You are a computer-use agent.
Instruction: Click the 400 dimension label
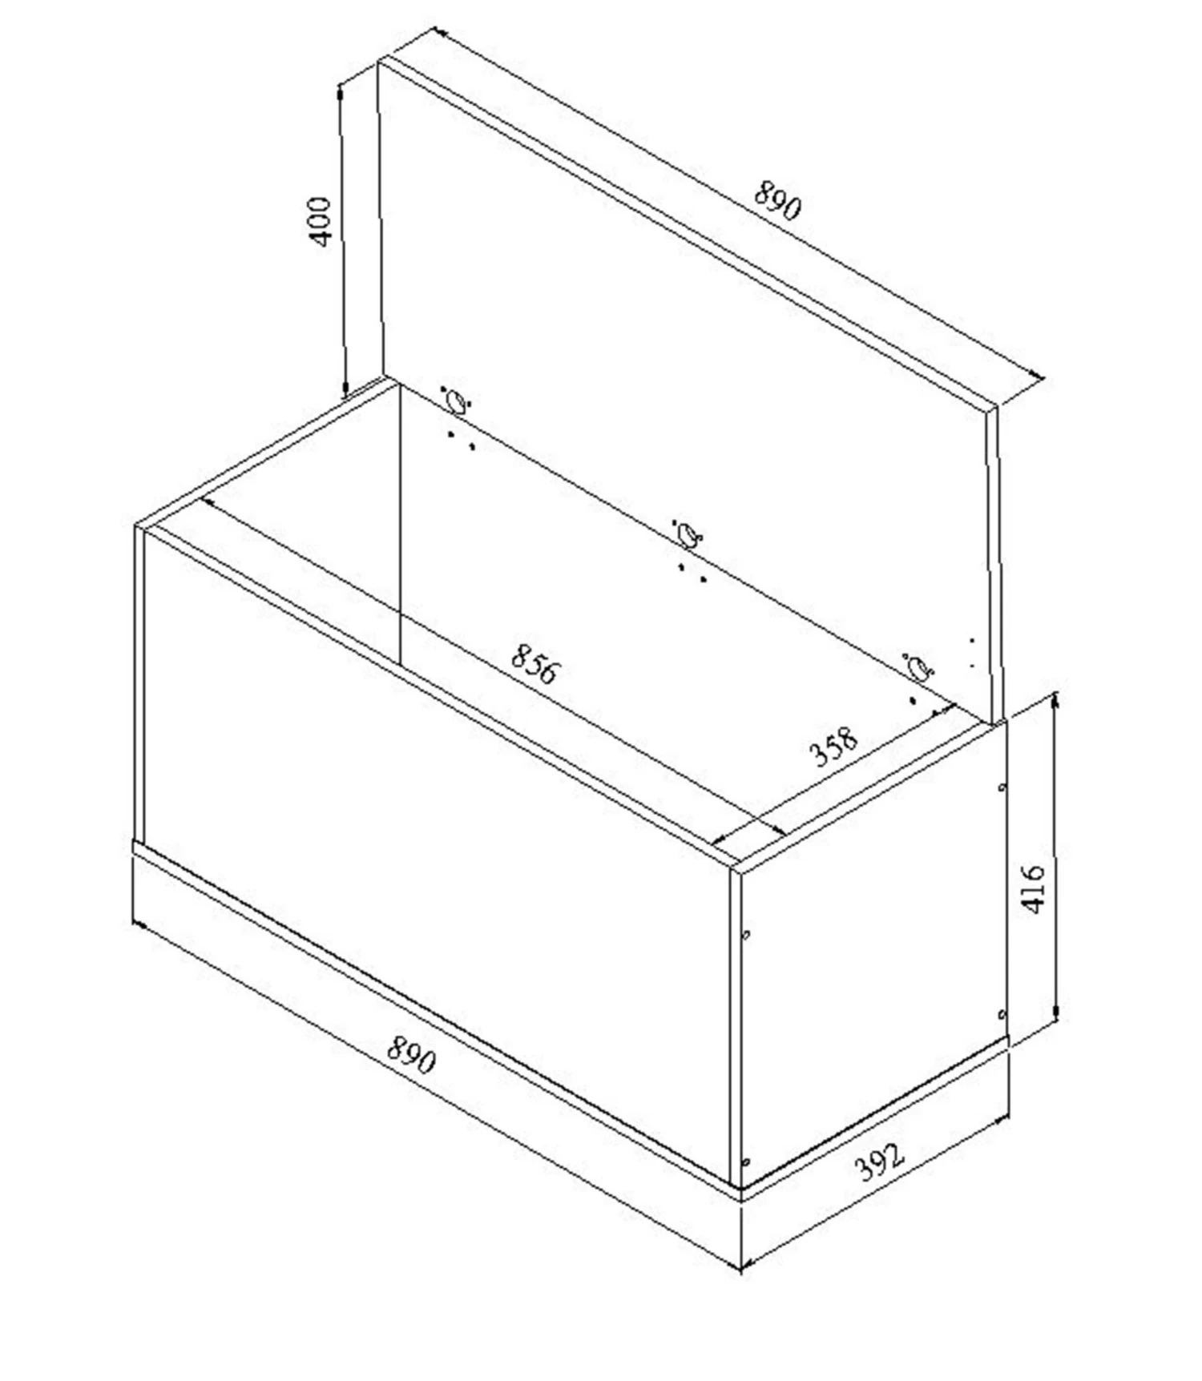[x=320, y=222]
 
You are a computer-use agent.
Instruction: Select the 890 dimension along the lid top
[x=776, y=200]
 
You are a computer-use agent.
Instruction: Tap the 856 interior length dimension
[x=533, y=665]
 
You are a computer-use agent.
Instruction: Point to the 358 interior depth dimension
[x=833, y=747]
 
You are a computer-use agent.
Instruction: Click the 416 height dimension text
[x=1034, y=888]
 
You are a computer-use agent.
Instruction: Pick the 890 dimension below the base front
[x=411, y=1054]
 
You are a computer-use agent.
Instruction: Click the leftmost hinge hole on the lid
[x=455, y=401]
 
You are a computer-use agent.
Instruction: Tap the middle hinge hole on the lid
[x=688, y=534]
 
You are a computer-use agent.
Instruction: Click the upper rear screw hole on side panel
[x=1002, y=787]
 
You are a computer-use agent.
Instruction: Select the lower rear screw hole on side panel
[x=1002, y=1015]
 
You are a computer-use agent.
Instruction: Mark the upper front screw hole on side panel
[x=746, y=934]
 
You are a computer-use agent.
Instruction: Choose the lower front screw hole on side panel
[x=746, y=1162]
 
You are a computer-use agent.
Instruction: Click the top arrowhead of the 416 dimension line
[x=1055, y=699]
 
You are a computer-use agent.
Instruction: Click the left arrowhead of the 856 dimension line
[x=206, y=502]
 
